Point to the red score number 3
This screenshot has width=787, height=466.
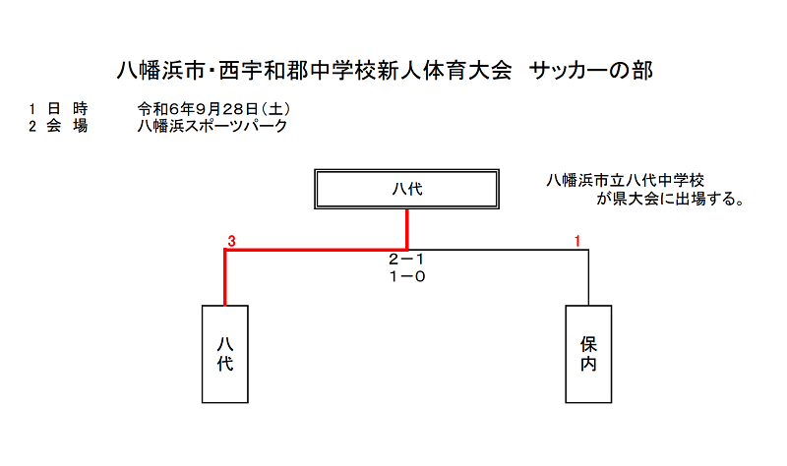click(x=231, y=241)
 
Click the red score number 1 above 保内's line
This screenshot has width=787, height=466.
click(x=577, y=241)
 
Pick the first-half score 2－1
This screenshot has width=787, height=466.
click(x=406, y=260)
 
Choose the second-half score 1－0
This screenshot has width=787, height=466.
click(x=406, y=276)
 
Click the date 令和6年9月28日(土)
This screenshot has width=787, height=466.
click(x=213, y=109)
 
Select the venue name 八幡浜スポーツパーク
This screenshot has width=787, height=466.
click(x=212, y=126)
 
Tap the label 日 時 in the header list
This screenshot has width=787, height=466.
click(x=67, y=109)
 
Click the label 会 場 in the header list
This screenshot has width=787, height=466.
click(x=67, y=126)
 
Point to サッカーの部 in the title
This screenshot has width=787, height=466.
click(x=591, y=70)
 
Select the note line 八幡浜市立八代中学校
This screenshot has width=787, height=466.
click(x=626, y=180)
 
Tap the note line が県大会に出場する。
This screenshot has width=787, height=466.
click(x=671, y=199)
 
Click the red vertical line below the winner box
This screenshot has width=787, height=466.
click(x=406, y=229)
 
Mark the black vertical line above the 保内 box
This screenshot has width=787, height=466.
click(x=588, y=277)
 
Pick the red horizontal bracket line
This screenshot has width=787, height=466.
click(x=316, y=250)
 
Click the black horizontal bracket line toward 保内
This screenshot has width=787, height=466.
click(x=498, y=250)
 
